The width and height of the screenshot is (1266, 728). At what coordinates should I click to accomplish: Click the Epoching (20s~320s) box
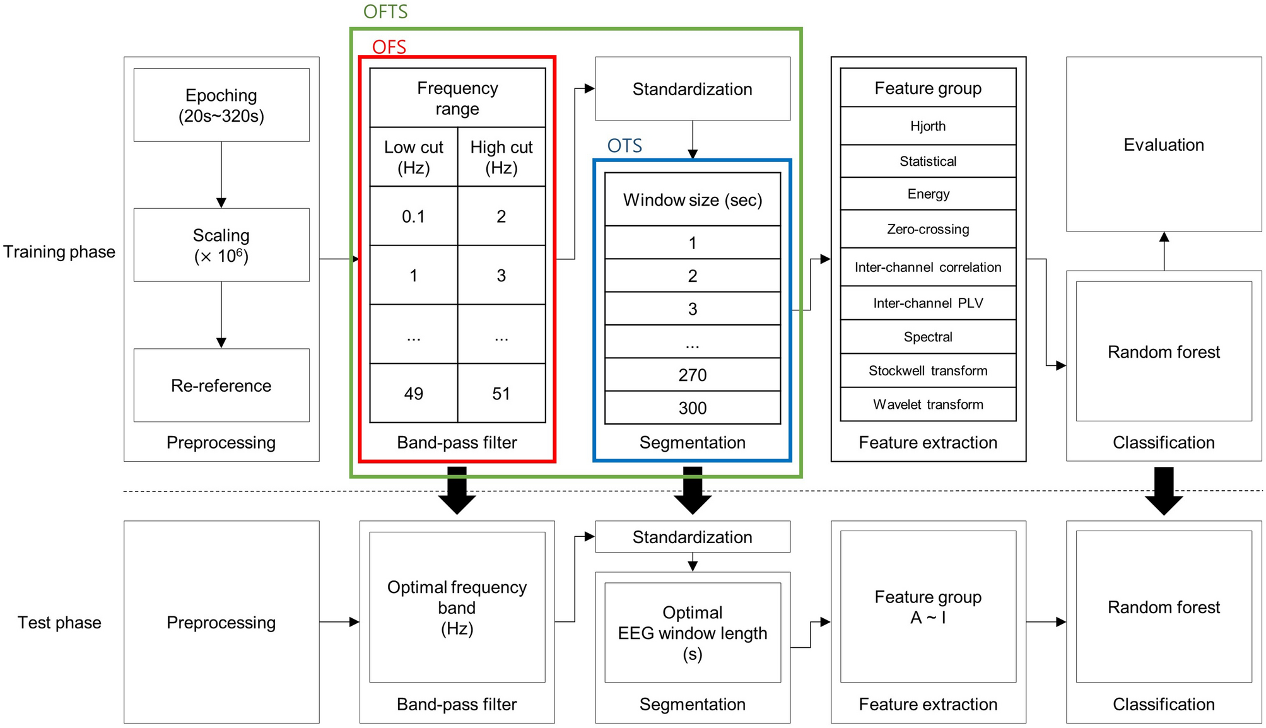click(x=221, y=105)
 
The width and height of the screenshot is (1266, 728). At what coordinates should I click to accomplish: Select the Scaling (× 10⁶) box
click(x=221, y=245)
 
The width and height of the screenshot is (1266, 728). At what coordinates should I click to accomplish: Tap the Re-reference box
click(x=221, y=385)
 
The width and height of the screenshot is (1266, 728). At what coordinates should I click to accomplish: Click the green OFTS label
click(x=385, y=12)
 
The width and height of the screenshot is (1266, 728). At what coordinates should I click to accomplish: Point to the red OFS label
click(x=389, y=47)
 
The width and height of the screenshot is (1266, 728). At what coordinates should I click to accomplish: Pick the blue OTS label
click(x=624, y=146)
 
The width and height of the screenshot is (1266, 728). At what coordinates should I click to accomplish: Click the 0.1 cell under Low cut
click(x=413, y=216)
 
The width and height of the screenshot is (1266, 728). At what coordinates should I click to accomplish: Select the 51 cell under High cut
click(x=501, y=394)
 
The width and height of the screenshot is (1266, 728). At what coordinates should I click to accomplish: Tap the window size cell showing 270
click(x=692, y=375)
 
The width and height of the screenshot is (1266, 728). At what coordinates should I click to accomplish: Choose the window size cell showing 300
click(x=692, y=408)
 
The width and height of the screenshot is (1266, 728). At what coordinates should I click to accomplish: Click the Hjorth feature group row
click(x=927, y=126)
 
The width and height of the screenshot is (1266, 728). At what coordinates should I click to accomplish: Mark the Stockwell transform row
click(x=927, y=371)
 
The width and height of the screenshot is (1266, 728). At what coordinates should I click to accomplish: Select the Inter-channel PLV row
click(x=927, y=303)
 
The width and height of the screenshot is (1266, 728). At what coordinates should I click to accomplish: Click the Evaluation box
click(x=1163, y=144)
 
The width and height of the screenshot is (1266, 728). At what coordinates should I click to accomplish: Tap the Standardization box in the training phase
click(x=692, y=89)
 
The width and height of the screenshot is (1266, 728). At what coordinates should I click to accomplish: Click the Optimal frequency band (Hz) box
click(x=457, y=607)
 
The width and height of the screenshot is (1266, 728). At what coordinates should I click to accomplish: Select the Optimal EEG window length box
click(x=692, y=632)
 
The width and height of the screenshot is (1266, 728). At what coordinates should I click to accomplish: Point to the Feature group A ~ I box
click(x=927, y=606)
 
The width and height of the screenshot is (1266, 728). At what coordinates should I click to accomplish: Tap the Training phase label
click(x=59, y=252)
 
